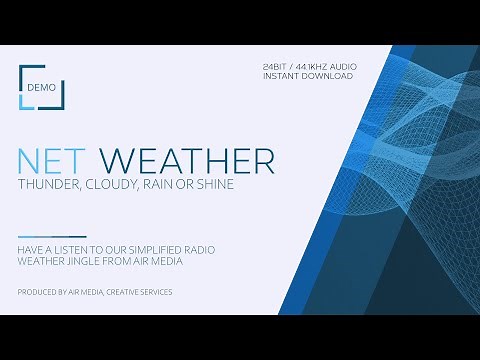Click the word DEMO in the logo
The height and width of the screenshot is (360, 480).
click(40, 87)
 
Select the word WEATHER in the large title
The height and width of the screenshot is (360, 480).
click(188, 161)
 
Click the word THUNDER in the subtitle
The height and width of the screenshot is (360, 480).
click(50, 185)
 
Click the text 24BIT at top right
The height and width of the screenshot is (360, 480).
click(275, 66)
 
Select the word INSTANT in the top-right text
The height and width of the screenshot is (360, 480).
click(283, 76)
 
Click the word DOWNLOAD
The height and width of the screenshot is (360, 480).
click(330, 76)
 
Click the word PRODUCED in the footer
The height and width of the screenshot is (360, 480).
click(37, 292)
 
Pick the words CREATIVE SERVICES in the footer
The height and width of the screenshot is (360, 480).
click(138, 292)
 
